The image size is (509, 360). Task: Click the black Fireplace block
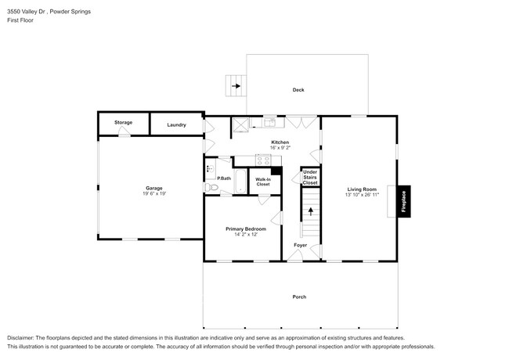(x=404, y=201)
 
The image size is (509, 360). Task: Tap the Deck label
(x=298, y=90)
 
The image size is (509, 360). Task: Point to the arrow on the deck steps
(x=236, y=86)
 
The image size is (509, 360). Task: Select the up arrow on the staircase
(x=311, y=211)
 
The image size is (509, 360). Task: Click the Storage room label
(x=124, y=123)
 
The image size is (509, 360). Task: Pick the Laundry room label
(x=177, y=125)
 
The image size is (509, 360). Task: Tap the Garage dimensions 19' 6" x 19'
(x=154, y=193)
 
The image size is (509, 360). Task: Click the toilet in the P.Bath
(x=211, y=187)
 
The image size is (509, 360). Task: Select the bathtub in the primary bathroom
(x=240, y=182)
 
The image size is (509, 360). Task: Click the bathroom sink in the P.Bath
(x=211, y=168)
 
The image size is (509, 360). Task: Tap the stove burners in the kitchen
(x=263, y=160)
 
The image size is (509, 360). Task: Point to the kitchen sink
(x=269, y=123)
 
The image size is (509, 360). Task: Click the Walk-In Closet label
(x=263, y=182)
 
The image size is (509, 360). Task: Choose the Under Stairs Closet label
(x=310, y=178)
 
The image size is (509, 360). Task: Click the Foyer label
(x=300, y=245)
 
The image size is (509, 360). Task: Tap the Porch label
(x=299, y=297)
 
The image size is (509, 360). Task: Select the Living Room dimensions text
(x=362, y=195)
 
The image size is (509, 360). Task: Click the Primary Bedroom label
(x=246, y=229)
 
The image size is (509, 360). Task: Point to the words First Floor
(x=20, y=20)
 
